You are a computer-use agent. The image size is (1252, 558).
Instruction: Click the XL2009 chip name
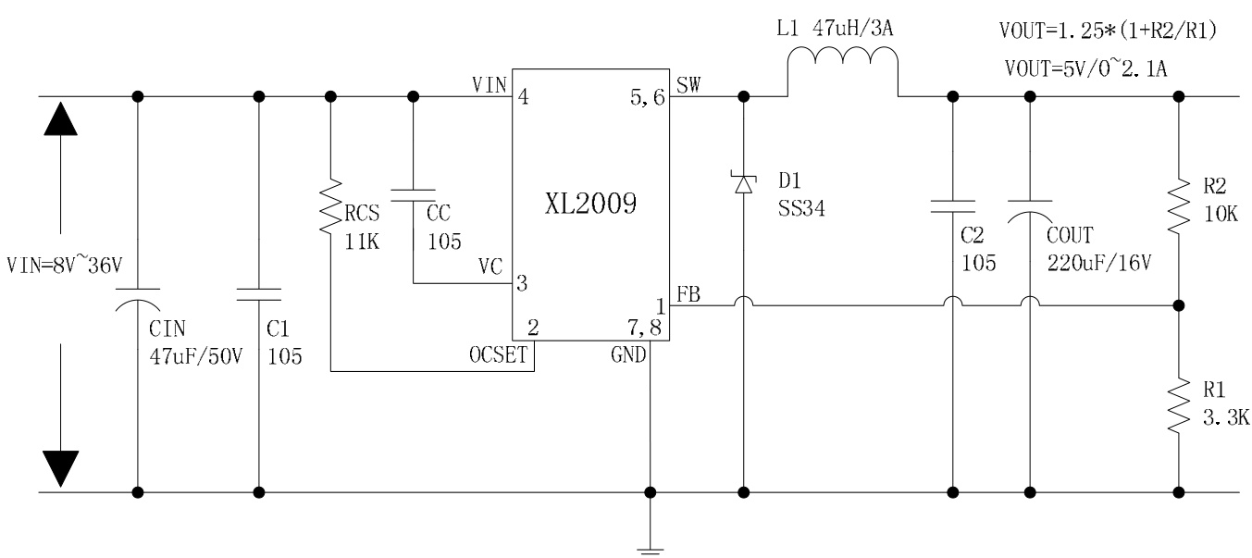click(x=590, y=205)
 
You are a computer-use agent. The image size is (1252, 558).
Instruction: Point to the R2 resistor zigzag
click(x=1179, y=209)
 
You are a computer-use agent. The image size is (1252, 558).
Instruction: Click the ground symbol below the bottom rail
click(x=651, y=548)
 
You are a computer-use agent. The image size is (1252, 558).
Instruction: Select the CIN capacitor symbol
click(x=139, y=298)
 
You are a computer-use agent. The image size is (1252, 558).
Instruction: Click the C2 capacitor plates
click(x=952, y=205)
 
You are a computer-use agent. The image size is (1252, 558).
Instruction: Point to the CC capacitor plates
click(x=413, y=193)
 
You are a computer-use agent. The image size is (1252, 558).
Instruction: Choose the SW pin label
click(x=689, y=86)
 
